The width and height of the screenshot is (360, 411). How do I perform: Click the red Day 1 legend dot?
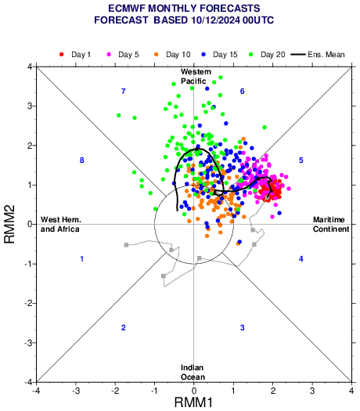click(62, 55)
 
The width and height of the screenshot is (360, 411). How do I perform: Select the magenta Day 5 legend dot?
click(109, 55)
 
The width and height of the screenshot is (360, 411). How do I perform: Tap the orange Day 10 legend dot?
click(157, 55)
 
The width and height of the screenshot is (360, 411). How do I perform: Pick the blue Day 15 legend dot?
click(203, 55)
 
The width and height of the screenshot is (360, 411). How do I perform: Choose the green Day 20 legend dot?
click(251, 55)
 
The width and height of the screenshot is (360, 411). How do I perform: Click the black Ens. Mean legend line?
click(298, 55)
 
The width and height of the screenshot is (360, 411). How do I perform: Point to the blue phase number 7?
click(124, 92)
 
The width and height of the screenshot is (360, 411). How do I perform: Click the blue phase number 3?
click(243, 328)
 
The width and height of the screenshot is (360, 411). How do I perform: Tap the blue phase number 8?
click(82, 160)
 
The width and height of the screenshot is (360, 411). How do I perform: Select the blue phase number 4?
click(301, 259)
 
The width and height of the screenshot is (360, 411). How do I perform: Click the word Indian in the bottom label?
click(192, 368)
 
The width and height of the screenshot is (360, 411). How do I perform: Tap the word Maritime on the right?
click(329, 220)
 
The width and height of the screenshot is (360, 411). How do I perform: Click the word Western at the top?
click(196, 71)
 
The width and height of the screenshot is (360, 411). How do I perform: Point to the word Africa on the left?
click(67, 229)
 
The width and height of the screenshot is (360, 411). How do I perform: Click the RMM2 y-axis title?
click(9, 224)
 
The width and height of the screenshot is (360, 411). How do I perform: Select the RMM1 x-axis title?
click(193, 402)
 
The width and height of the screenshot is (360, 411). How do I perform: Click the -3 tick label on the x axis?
click(76, 391)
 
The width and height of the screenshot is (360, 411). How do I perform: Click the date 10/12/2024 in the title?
click(216, 20)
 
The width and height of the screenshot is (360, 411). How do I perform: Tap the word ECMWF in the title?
click(126, 9)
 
